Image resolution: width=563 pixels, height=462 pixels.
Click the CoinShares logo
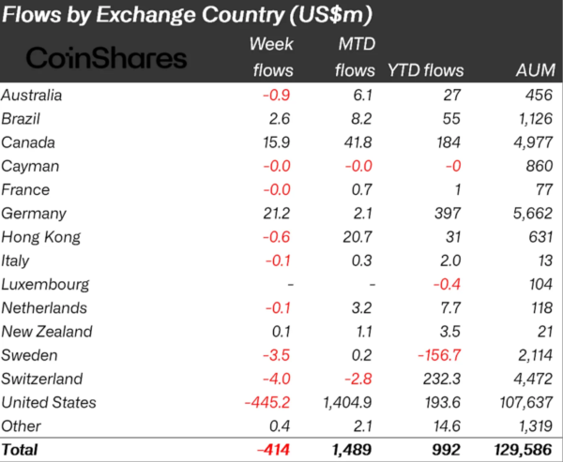106,58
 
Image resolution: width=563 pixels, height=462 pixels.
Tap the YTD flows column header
420,69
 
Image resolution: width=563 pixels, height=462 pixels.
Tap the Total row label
21,450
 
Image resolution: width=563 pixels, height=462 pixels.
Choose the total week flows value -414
273,450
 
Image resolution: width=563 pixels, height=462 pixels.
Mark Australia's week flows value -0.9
279,94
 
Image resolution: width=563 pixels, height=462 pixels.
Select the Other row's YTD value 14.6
441,425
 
